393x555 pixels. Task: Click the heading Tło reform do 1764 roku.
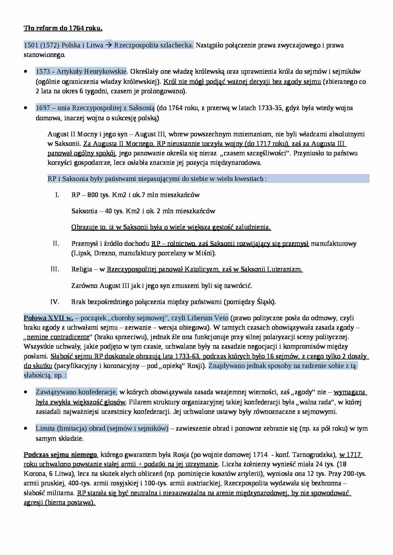point(63,28)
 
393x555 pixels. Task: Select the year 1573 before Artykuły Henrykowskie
point(43,72)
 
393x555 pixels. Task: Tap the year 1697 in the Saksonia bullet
point(43,108)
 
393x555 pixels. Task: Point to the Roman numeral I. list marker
point(57,195)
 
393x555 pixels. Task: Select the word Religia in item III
point(81,270)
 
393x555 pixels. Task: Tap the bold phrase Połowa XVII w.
point(48,318)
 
